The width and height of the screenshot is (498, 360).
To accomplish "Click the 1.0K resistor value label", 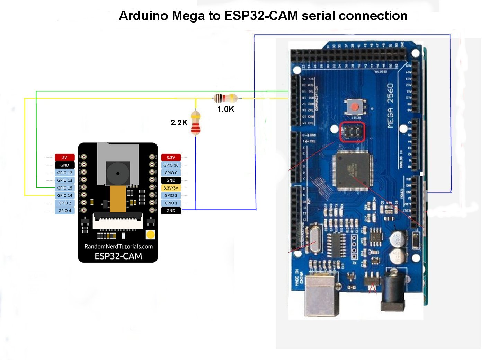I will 225,109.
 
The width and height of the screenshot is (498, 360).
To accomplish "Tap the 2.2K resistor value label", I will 179,123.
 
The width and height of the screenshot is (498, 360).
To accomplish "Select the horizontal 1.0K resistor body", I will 225,98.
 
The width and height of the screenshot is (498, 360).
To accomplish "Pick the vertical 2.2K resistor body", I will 196,123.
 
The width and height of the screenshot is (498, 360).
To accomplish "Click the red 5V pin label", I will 65,158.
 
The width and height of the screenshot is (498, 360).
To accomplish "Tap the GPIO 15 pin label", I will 65,188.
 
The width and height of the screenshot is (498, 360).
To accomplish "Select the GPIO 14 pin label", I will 65,195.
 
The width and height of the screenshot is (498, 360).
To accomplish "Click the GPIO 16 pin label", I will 171,165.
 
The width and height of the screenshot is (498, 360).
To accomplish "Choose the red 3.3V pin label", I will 171,158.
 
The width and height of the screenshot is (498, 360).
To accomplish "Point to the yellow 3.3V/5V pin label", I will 171,188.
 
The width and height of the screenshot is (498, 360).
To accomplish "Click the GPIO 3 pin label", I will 171,195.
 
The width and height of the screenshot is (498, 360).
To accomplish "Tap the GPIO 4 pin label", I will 65,211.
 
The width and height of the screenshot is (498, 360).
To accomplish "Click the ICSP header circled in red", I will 352,132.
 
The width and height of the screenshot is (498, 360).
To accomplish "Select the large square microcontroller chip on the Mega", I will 353,171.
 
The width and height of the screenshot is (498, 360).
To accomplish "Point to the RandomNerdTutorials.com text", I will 118,246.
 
